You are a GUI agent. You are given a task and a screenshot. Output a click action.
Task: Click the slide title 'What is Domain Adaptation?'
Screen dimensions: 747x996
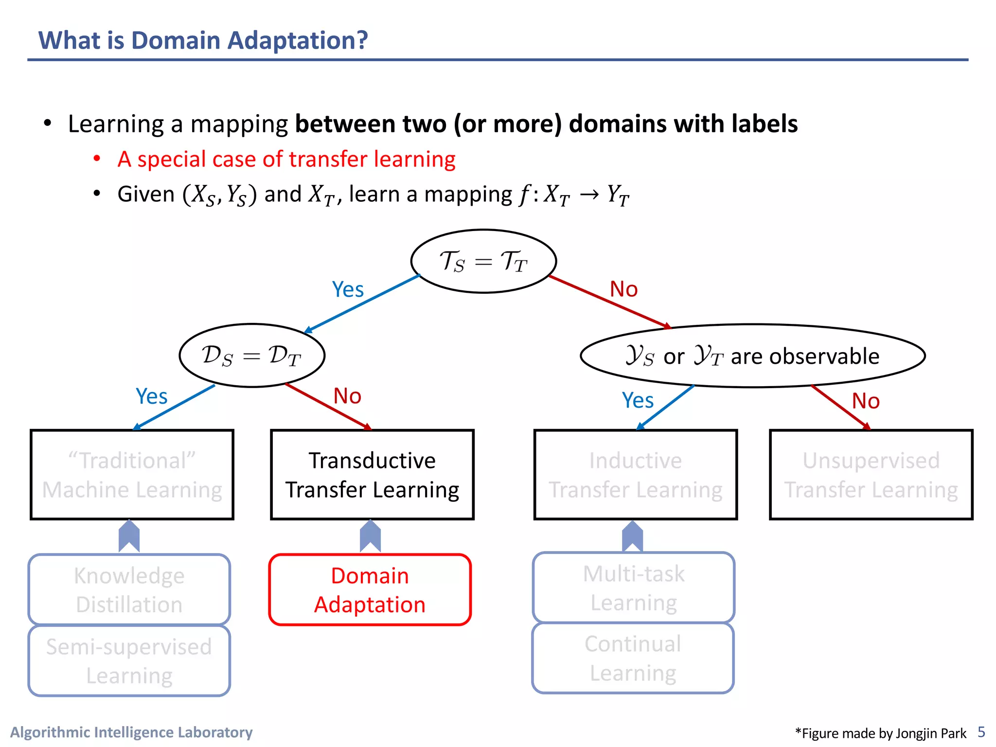(x=203, y=40)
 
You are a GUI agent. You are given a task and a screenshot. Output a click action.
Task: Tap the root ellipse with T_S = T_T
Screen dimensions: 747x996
(x=483, y=261)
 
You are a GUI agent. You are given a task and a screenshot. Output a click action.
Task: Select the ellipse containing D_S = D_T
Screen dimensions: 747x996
(x=251, y=356)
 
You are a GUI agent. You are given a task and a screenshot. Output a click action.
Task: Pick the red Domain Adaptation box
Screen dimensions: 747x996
(x=370, y=589)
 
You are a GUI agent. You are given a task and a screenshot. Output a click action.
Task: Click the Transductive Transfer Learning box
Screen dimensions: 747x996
(x=372, y=475)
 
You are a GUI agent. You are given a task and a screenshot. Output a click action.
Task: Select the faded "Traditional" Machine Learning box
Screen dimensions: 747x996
(x=132, y=475)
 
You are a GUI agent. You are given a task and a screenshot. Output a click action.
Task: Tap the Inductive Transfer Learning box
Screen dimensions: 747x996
(x=635, y=475)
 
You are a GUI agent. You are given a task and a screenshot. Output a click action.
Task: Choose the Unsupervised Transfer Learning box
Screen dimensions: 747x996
(x=871, y=475)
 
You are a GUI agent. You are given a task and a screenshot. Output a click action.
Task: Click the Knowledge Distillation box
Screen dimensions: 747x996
(x=129, y=589)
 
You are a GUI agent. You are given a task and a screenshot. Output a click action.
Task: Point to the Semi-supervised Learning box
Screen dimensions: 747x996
(x=129, y=660)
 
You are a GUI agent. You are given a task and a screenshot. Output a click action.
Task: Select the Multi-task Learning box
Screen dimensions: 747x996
(x=633, y=587)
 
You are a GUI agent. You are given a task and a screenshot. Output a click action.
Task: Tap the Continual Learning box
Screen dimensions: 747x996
(x=633, y=658)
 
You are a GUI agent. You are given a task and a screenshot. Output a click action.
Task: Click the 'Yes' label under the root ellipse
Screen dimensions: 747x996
(x=348, y=290)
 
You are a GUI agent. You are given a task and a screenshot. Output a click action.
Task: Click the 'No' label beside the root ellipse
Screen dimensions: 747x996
(x=623, y=289)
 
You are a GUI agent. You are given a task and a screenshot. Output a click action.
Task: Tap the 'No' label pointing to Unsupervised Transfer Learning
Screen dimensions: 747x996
(x=866, y=401)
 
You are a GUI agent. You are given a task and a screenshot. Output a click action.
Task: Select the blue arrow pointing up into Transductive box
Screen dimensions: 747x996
(x=370, y=536)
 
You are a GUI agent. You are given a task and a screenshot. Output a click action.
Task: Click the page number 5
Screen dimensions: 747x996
(x=981, y=732)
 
